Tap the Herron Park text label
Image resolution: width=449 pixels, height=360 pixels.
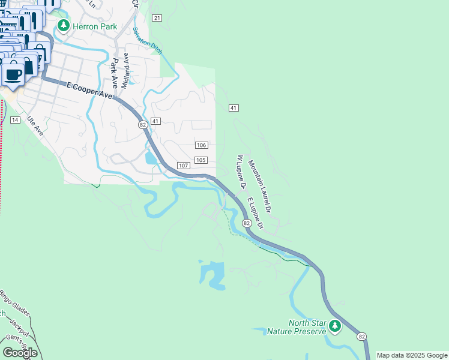95,26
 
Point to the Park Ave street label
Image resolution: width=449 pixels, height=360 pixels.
113,74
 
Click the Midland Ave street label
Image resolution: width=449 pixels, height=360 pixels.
125,71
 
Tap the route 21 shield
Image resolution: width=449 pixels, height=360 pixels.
157,18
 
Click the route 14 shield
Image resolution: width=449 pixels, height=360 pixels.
15,120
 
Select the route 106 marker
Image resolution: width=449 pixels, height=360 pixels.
202,145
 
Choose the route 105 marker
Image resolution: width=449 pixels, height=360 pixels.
201,160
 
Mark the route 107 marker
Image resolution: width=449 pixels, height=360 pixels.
184,165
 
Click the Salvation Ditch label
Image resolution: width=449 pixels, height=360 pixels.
148,40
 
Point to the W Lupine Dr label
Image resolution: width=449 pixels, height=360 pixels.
241,172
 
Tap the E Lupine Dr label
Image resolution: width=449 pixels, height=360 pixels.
255,213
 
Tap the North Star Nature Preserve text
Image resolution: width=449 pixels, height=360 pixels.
307,327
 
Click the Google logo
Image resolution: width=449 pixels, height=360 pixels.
20,352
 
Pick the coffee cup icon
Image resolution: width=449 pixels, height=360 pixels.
13,74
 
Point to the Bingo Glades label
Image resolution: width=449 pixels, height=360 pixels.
14,304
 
